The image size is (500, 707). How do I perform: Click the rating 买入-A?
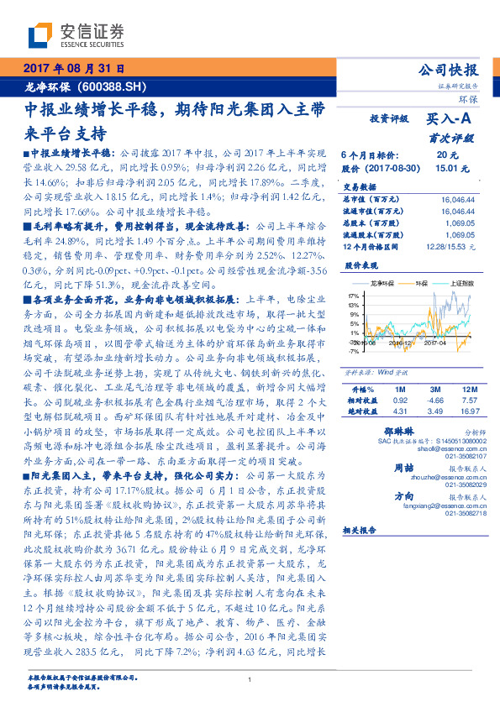click(453, 119)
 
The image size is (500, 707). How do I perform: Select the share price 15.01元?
click(447, 168)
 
